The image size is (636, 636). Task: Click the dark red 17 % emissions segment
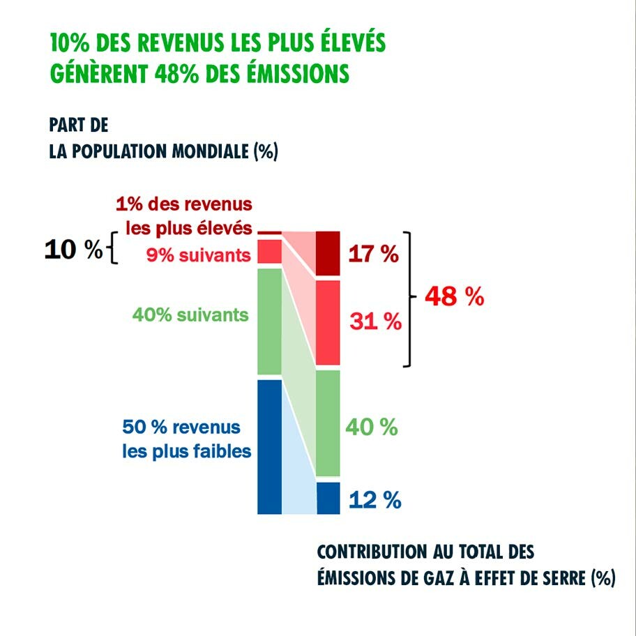pos(328,254)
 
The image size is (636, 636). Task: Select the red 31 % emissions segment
pos(328,322)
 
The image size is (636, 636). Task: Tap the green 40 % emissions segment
pos(328,423)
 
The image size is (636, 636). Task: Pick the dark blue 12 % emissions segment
pos(328,498)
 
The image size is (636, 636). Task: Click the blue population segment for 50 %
pos(269,446)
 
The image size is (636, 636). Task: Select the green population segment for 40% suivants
pos(269,321)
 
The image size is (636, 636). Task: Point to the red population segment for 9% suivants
pos(269,251)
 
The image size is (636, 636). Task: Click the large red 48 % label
pos(454,297)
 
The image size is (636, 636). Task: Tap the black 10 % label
pos(73,250)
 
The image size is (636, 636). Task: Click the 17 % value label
pos(373,255)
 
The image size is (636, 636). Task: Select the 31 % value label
pos(374,321)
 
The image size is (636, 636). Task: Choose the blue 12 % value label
pos(374,500)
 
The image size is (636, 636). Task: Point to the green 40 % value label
pos(372,427)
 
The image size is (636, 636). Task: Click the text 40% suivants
pos(190,315)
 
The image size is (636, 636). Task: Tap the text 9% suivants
pos(197,255)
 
